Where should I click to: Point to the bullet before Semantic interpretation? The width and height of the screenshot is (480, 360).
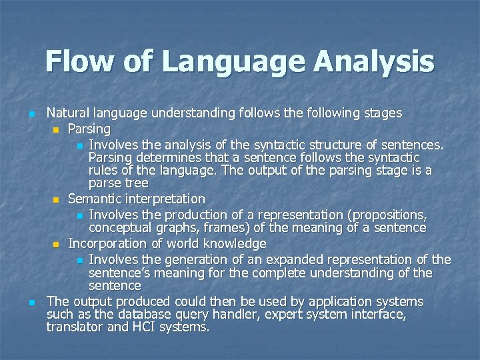click(57, 199)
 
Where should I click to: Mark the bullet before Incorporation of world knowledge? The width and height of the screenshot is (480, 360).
click(57, 245)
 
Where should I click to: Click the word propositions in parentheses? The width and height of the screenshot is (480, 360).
click(387, 215)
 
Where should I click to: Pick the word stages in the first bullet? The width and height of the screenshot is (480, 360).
click(381, 113)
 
